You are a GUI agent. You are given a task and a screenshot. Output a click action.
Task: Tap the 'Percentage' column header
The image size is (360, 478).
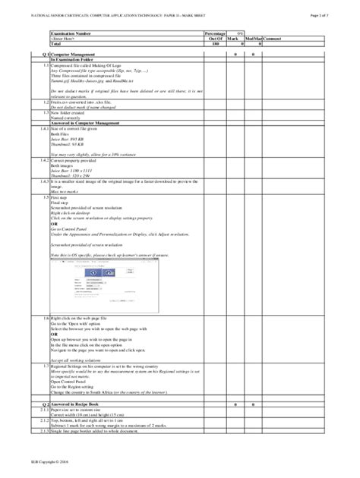point(215,34)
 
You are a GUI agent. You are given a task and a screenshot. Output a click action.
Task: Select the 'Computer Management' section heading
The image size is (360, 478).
point(77,55)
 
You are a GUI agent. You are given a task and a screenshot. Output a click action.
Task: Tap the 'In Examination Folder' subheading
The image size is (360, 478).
point(76,61)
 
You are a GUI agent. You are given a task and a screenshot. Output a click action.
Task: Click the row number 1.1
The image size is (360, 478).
point(46,66)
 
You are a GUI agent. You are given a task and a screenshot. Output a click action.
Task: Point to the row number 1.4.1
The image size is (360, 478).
point(45,130)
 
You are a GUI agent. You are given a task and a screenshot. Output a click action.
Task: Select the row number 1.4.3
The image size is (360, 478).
point(45,183)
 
